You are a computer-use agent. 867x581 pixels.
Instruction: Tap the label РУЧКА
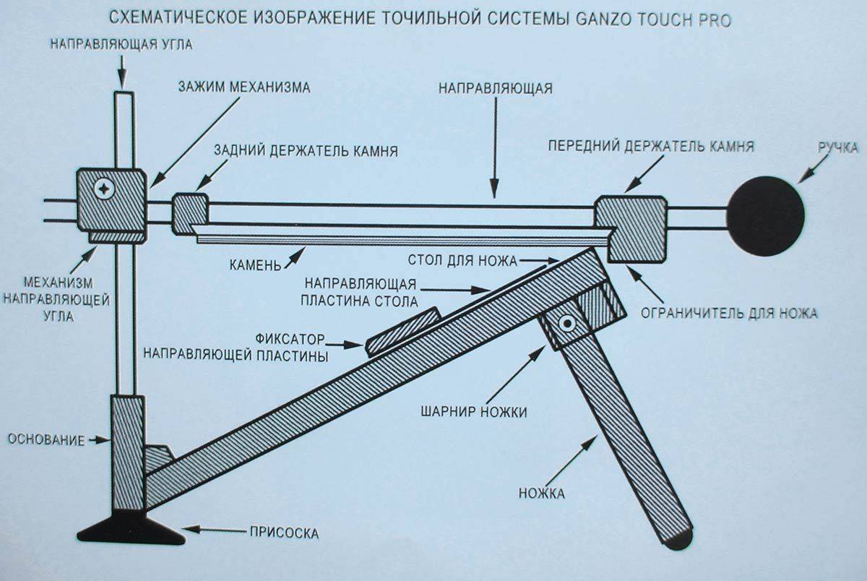tap(837, 147)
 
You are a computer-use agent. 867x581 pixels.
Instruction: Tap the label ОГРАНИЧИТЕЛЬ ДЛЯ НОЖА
tap(729, 313)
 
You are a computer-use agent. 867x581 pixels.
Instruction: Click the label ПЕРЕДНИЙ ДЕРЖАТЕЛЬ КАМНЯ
tap(650, 146)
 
